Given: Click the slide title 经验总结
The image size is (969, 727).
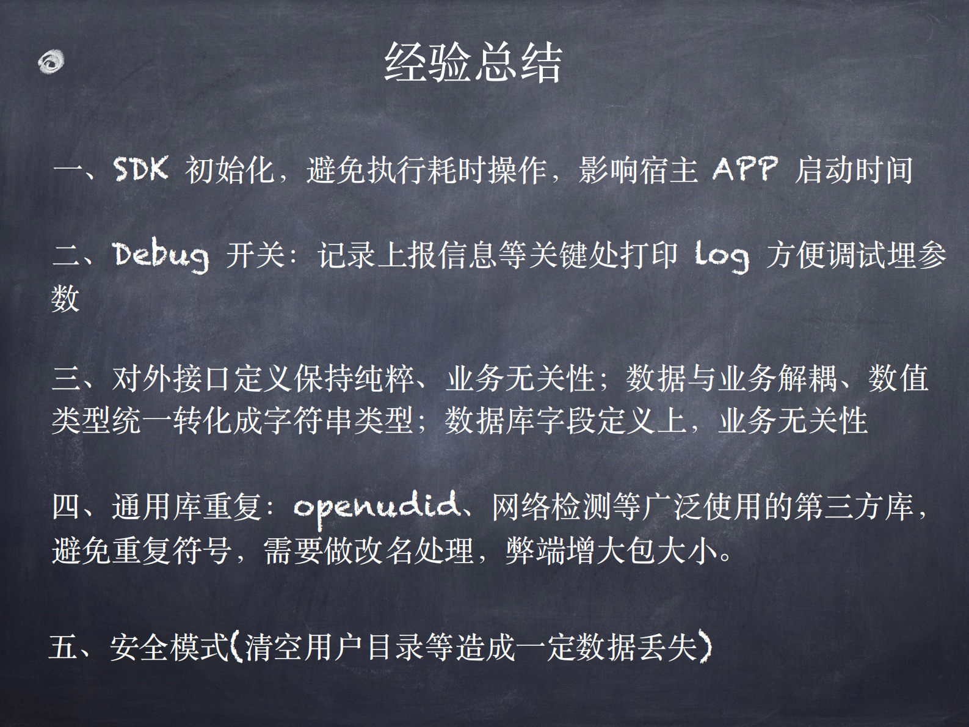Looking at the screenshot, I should coord(473,62).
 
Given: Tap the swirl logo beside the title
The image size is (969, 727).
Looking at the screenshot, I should coord(51,62).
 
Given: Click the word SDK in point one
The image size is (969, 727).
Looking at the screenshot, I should coord(140,169).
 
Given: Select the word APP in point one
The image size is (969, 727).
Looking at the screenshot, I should coord(745,169).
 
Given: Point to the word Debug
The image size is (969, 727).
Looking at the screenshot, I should coord(161,255).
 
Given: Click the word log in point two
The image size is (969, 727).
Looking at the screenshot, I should coord(722,255).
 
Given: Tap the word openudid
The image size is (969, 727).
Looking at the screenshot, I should coord(376,507).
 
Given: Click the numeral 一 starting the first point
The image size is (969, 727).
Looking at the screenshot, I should coord(67,170).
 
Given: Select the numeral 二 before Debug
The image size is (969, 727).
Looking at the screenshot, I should coord(67,255).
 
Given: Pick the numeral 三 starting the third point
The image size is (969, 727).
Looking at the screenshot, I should coord(67,379).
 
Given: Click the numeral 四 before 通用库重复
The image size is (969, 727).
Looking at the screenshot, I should coord(67,507).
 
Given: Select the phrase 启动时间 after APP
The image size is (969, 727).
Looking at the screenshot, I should coord(854,170).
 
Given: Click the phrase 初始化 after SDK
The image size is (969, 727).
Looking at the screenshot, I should coord(230,170).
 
